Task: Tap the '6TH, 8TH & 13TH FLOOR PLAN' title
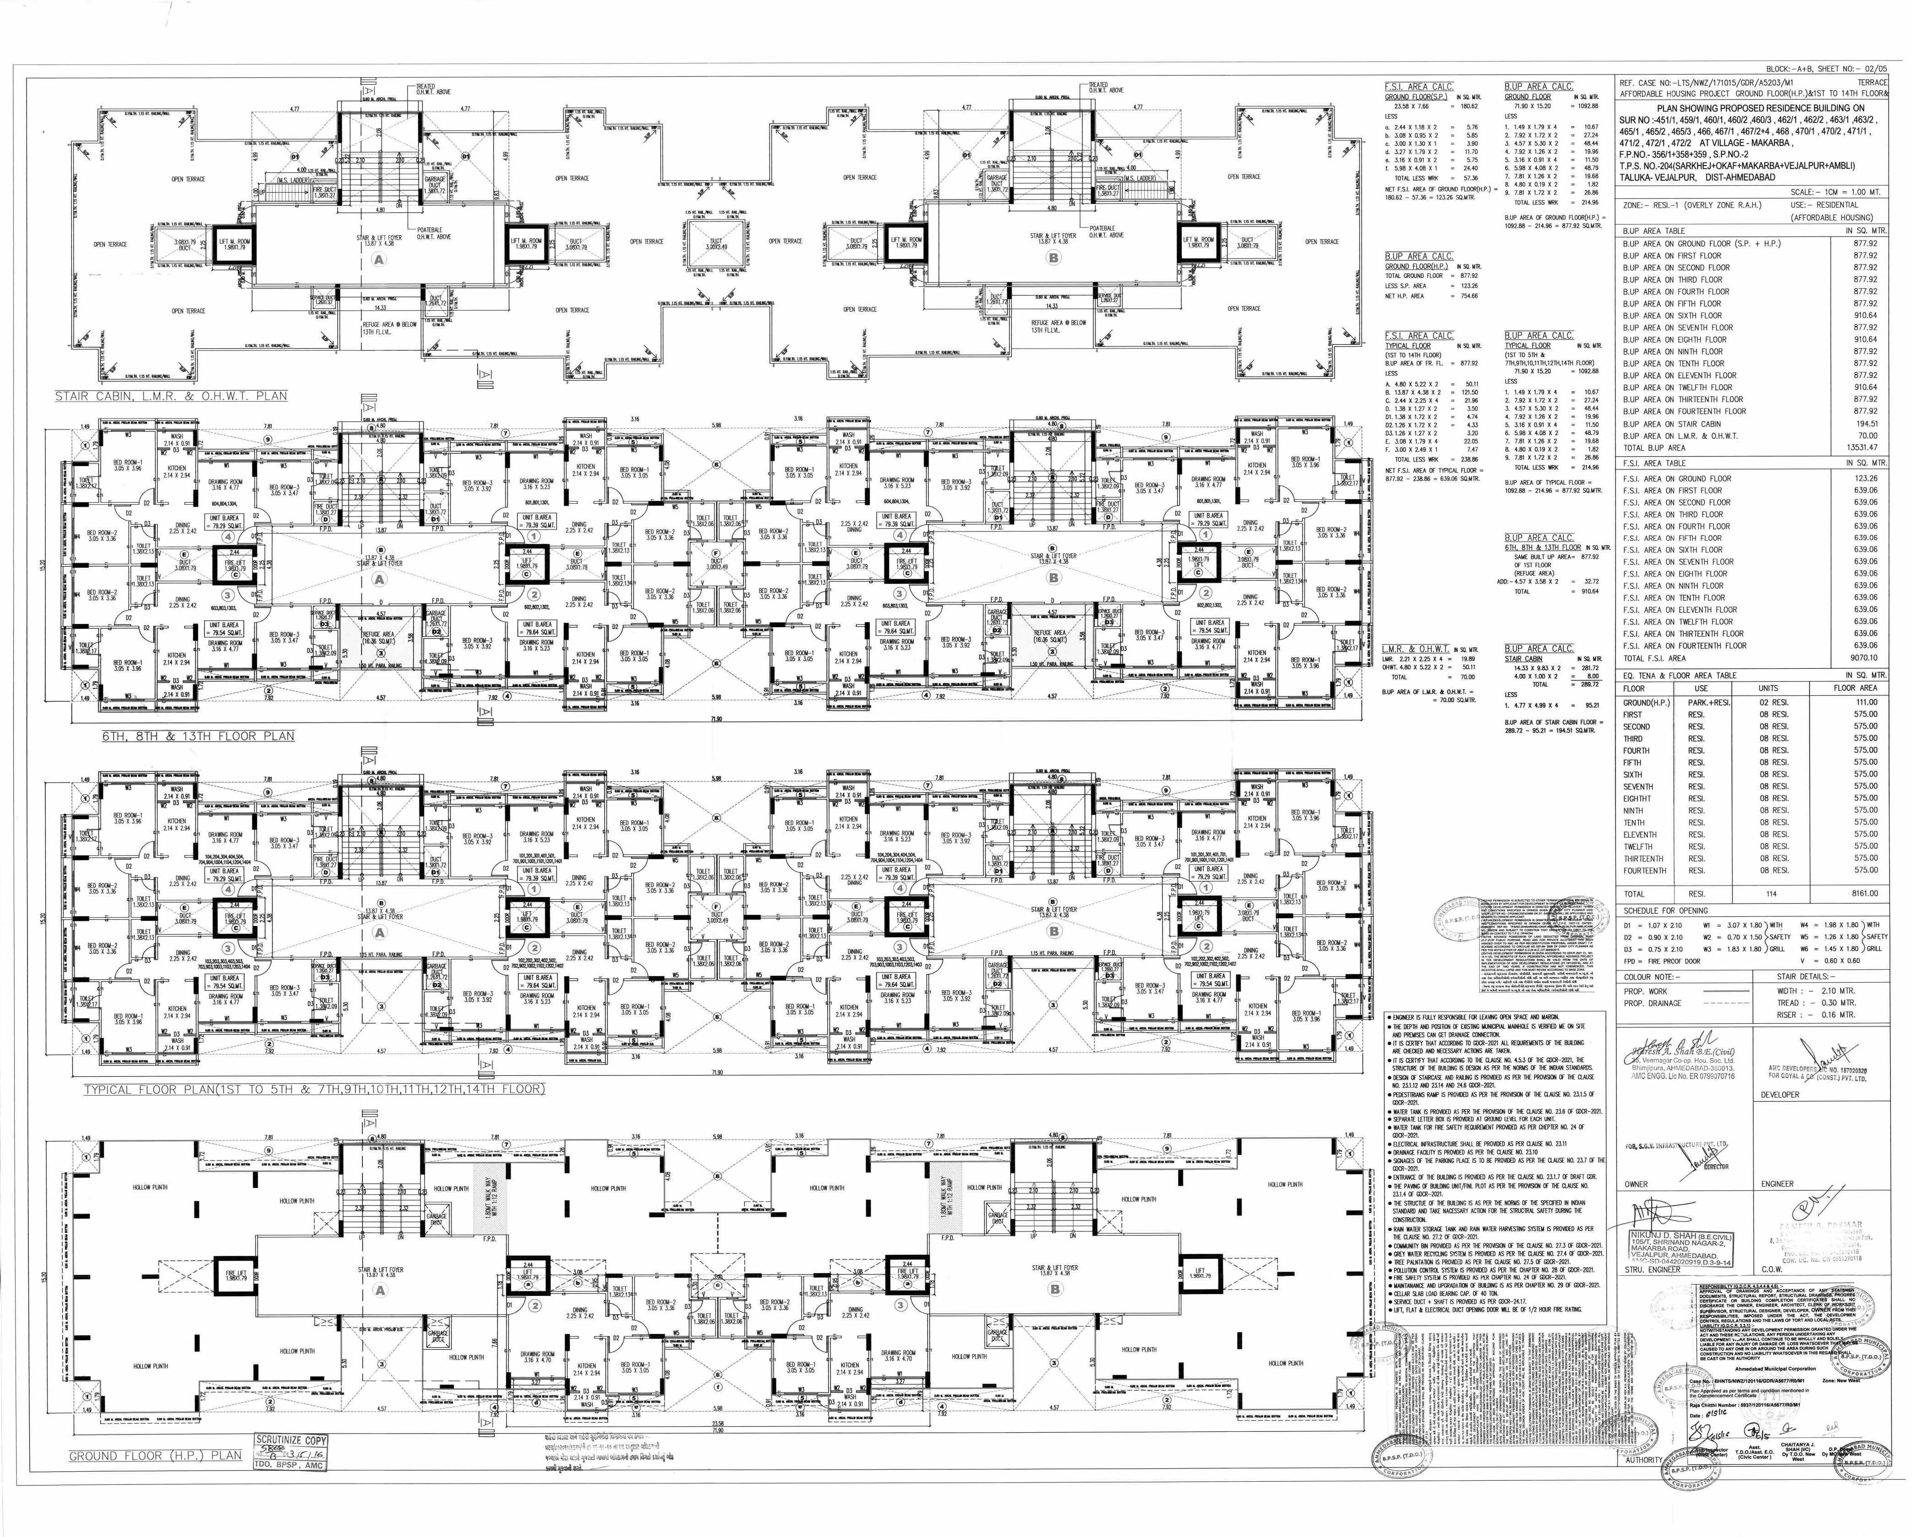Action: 198,736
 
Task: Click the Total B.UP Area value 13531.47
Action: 1860,448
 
